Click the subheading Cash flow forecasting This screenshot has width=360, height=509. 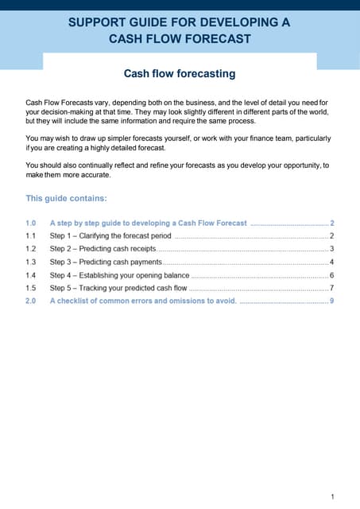pyautogui.click(x=180, y=74)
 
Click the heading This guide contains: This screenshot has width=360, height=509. pyautogui.click(x=66, y=199)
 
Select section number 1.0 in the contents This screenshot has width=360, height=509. pyautogui.click(x=31, y=223)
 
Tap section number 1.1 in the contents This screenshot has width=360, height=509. pyautogui.click(x=31, y=236)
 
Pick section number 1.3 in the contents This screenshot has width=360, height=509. pyautogui.click(x=31, y=262)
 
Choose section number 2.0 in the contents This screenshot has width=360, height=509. pyautogui.click(x=31, y=301)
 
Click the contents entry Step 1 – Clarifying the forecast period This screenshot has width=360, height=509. pyautogui.click(x=110, y=236)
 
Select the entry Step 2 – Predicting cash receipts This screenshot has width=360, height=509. pyautogui.click(x=103, y=249)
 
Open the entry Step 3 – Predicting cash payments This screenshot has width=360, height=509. pyautogui.click(x=106, y=262)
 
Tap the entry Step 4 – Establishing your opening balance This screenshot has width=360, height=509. pyautogui.click(x=119, y=275)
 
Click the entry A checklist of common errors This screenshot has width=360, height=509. pyautogui.click(x=143, y=301)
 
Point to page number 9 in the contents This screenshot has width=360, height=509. pyautogui.click(x=331, y=301)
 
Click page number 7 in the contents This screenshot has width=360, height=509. pyautogui.click(x=331, y=288)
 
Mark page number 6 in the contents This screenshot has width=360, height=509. pyautogui.click(x=331, y=275)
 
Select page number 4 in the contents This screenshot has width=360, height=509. pyautogui.click(x=331, y=262)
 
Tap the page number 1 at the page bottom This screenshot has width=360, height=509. pyautogui.click(x=332, y=497)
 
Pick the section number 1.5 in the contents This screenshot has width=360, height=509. pyautogui.click(x=31, y=288)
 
